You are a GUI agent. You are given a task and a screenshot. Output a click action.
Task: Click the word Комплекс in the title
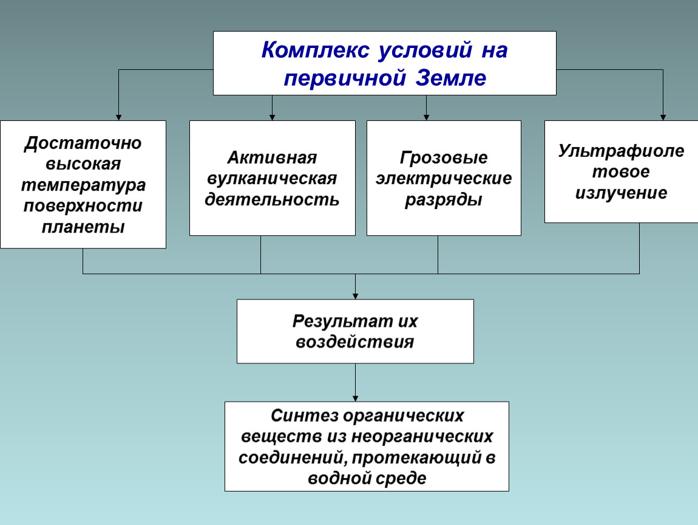(315, 50)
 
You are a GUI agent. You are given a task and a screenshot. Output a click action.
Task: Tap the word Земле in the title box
(450, 78)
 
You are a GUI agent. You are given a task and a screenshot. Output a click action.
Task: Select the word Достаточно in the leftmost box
(83, 143)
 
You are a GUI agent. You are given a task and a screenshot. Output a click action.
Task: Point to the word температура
(83, 185)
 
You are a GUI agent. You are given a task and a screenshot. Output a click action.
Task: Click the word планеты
(83, 227)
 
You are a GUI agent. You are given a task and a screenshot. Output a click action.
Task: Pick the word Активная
(272, 157)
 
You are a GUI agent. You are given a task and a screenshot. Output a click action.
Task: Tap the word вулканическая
(272, 178)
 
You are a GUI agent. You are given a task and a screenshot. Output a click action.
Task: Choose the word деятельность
(272, 199)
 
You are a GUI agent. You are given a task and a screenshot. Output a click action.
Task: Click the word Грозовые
(443, 157)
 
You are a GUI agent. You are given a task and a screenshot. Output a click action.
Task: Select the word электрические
(443, 178)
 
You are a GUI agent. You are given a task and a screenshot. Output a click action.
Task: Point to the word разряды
(443, 200)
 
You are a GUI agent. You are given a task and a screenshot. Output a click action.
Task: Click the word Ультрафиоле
(621, 151)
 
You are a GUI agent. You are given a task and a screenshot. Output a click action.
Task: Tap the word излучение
(621, 193)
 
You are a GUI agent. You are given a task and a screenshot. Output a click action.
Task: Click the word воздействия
(355, 342)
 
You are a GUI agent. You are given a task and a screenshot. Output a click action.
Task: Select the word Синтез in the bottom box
(305, 416)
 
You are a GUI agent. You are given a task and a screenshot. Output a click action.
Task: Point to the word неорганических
(422, 436)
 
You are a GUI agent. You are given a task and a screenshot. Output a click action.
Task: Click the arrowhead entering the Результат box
(355, 297)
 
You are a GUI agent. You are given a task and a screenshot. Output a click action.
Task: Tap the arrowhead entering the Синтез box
(355, 399)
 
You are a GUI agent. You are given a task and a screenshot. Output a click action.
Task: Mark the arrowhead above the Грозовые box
(427, 117)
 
